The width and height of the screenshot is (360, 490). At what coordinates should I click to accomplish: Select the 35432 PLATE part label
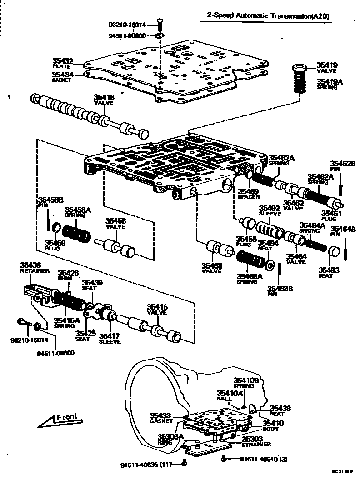tap(63, 63)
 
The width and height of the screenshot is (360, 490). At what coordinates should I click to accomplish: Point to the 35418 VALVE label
tap(104, 100)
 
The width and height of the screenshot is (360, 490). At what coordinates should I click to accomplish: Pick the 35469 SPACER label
tap(249, 194)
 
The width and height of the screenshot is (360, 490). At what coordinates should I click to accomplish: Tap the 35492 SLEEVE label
tap(270, 211)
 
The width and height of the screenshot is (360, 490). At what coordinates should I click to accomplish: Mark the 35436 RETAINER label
tap(30, 267)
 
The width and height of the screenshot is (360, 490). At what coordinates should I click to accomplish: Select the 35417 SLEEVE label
tap(110, 338)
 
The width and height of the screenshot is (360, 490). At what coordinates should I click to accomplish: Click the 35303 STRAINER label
tap(256, 441)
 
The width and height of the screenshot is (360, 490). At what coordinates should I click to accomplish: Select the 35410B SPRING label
tap(246, 383)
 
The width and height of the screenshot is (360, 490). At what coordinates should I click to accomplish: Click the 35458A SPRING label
tap(78, 212)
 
